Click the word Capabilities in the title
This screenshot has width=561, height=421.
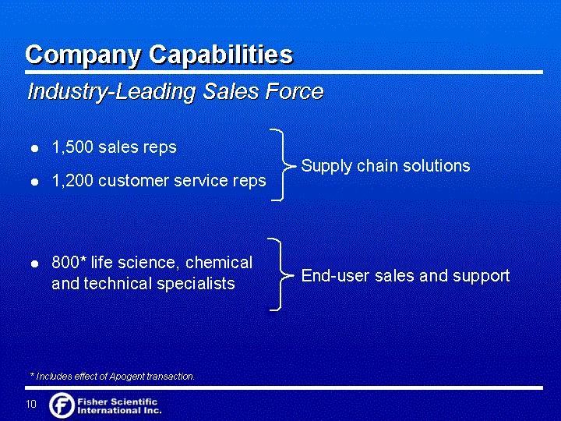pos(221,55)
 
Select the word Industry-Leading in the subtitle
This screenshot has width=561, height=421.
pos(111,92)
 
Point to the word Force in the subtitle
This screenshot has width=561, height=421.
pos(294,91)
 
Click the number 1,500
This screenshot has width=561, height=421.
pos(73,147)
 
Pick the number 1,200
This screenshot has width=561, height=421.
pos(73,180)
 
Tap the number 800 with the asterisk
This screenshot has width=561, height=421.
pos(69,262)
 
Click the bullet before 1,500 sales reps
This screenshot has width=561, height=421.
pos(35,148)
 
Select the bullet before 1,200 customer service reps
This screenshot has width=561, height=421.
pos(35,182)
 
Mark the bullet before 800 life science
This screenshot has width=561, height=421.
pos(35,264)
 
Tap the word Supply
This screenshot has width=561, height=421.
pos(326,167)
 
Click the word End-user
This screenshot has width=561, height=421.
pos(335,275)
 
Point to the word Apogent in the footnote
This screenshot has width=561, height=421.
pos(126,377)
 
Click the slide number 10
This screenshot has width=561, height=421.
pos(31,404)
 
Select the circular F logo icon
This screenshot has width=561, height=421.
pos(62,405)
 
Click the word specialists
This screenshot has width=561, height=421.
pos(196,284)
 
